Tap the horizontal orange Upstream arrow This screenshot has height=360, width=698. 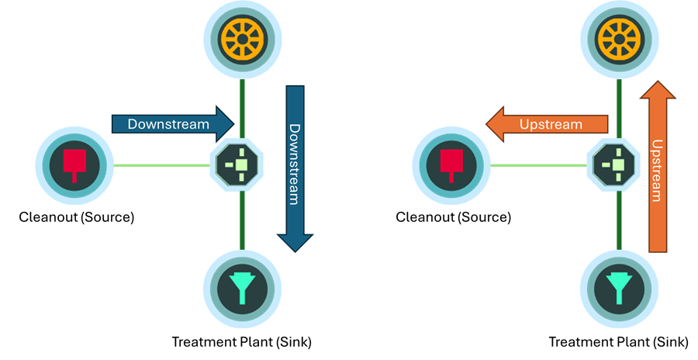tap(547, 124)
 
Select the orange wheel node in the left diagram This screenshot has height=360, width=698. tap(242, 36)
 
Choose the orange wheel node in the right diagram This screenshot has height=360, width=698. tap(619, 36)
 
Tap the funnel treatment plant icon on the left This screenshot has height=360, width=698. tap(242, 289)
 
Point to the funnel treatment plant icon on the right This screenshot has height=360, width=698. tap(619, 289)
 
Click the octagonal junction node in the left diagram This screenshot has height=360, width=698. tap(242, 164)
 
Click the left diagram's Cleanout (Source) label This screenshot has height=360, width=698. tap(77, 217)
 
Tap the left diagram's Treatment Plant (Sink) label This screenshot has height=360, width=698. tap(242, 341)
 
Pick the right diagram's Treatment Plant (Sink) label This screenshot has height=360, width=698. tap(618, 341)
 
